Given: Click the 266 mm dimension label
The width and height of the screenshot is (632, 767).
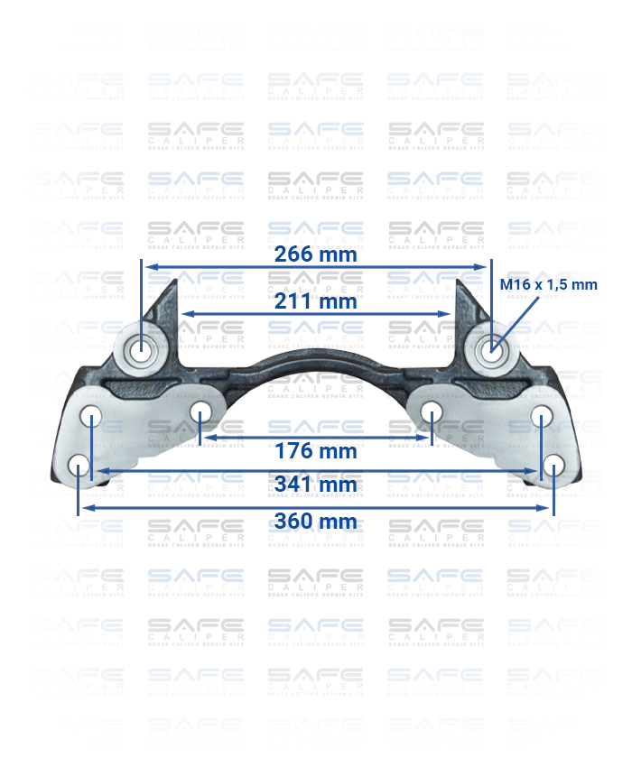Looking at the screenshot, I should (x=316, y=254).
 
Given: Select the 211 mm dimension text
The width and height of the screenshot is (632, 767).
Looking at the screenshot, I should (x=316, y=301).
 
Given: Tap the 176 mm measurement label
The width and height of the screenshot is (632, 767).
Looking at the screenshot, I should (x=316, y=451).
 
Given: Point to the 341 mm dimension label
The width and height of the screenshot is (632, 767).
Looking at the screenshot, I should (x=316, y=485).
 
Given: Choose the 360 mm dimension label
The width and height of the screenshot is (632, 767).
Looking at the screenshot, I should (x=316, y=522).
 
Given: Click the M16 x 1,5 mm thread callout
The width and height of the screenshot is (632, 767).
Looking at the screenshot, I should (x=549, y=285).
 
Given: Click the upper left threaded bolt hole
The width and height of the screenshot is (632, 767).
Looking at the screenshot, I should (x=142, y=347).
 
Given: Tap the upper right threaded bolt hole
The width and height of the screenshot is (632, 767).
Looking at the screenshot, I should (x=490, y=347).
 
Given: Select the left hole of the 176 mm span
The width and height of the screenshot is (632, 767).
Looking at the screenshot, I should (x=200, y=414).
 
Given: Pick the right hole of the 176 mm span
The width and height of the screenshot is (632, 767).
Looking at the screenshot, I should (x=432, y=414).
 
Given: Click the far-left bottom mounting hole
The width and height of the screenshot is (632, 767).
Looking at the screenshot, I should (x=79, y=466).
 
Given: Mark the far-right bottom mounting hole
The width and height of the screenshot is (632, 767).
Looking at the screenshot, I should (x=553, y=466).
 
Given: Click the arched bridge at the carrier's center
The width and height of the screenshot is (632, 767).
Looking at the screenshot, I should (x=316, y=365).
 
